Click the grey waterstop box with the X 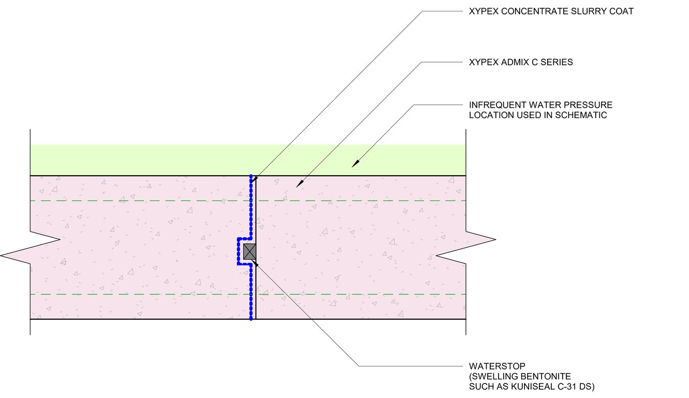[250, 251]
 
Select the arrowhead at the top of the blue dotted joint [256, 178]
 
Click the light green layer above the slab [155, 160]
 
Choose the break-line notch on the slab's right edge [466, 248]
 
